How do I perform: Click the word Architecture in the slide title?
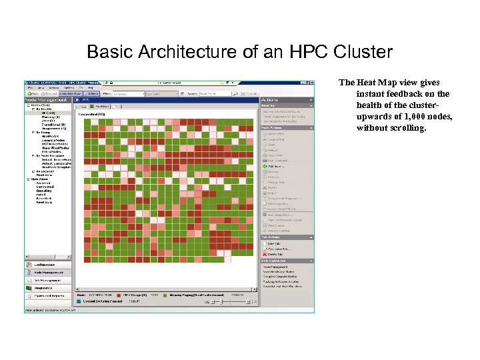click(x=174, y=51)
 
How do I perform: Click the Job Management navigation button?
click(x=49, y=280)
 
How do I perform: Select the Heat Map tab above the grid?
click(x=101, y=106)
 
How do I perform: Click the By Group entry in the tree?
click(x=41, y=132)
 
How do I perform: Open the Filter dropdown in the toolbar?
click(x=127, y=94)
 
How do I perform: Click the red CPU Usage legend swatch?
click(x=119, y=293)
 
